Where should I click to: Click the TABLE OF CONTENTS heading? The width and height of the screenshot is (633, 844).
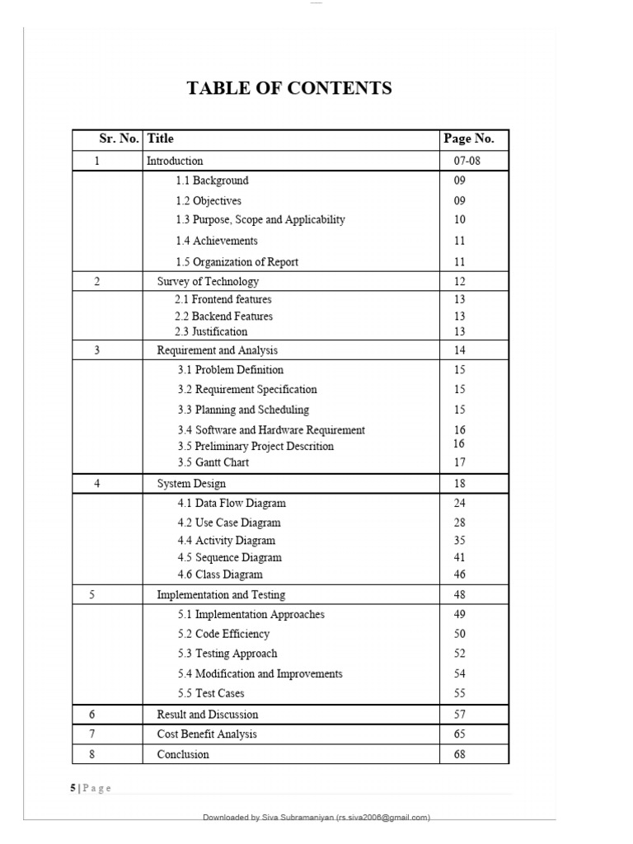tap(289, 88)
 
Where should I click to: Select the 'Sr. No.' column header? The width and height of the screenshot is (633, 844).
tap(119, 139)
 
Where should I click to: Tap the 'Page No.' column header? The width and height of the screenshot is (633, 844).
tap(469, 139)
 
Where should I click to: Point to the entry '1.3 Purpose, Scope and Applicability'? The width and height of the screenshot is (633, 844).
tap(260, 220)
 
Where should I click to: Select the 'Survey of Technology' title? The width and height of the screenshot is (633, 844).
tap(208, 282)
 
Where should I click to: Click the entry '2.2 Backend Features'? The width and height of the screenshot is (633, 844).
tap(223, 316)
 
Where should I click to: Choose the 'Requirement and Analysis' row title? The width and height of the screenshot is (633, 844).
tap(218, 350)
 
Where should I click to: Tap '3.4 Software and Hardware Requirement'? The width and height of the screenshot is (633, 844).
tap(271, 430)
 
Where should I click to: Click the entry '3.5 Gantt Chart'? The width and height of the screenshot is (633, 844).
tap(213, 462)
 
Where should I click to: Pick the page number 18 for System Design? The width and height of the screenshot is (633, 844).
tap(460, 484)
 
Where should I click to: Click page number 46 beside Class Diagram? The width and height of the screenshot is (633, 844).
tap(460, 574)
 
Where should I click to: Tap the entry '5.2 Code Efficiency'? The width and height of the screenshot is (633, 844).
tap(223, 635)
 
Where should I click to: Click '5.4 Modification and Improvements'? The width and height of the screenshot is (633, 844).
tap(260, 674)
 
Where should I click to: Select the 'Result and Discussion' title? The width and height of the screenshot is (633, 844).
tap(208, 715)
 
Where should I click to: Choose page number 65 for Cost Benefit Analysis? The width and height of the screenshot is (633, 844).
tap(460, 734)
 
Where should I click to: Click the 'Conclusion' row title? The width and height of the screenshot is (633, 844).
tap(183, 755)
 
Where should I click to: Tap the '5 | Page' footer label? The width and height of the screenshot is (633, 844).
tap(91, 788)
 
